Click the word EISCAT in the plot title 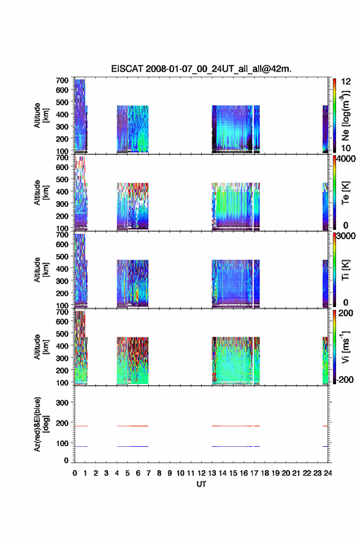click(x=127, y=69)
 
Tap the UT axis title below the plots click(x=201, y=484)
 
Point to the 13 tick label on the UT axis click(x=212, y=473)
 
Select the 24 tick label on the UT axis click(x=327, y=473)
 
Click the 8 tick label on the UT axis click(x=159, y=473)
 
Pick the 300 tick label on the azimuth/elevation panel click(x=62, y=403)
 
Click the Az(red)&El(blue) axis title click(x=41, y=424)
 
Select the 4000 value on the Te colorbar click(x=346, y=159)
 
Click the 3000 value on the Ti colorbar click(x=346, y=236)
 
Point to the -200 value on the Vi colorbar click(x=345, y=379)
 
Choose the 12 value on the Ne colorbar click(x=346, y=81)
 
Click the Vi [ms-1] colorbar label click(x=346, y=347)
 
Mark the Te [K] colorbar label click(x=346, y=193)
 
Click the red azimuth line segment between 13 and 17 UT click(x=232, y=426)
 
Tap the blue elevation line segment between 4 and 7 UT click(x=132, y=446)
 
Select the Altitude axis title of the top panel click(x=41, y=115)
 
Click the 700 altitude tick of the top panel click(x=62, y=80)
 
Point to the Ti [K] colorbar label click(x=346, y=271)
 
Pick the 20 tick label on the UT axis click(x=286, y=473)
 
